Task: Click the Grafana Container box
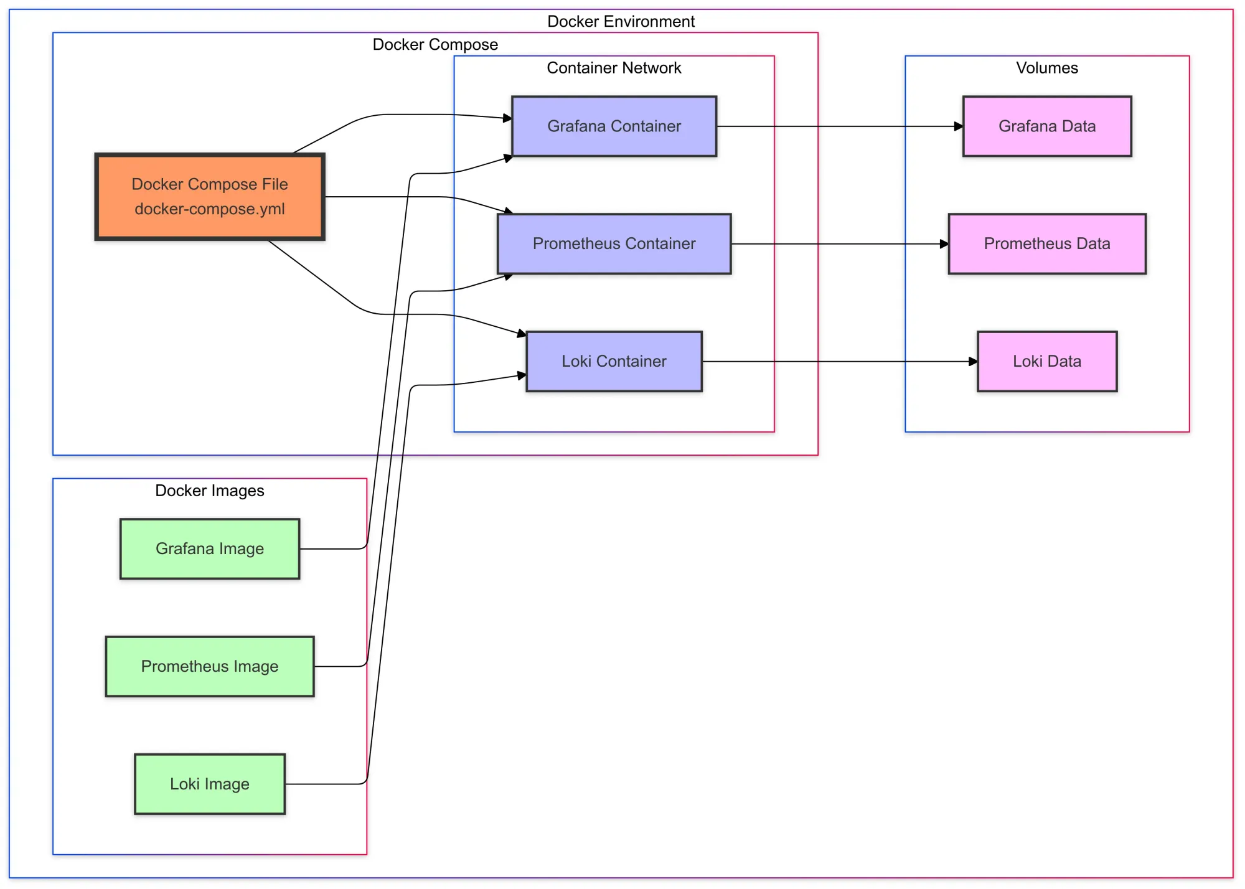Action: click(x=614, y=126)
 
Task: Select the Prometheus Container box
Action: click(x=614, y=243)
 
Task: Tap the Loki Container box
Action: click(x=614, y=361)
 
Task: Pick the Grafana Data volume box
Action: click(x=1046, y=126)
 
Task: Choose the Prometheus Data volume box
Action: click(x=1046, y=243)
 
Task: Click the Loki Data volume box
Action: click(x=1046, y=361)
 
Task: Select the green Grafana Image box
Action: click(x=210, y=548)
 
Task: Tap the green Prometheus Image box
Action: click(x=210, y=666)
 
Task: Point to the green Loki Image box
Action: click(x=210, y=784)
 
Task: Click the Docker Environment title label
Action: click(x=621, y=21)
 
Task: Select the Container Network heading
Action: click(x=614, y=68)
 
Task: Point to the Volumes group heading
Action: click(x=1046, y=68)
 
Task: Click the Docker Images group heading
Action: click(x=210, y=491)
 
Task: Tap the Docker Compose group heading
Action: click(x=435, y=44)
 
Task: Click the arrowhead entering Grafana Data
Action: click(x=959, y=126)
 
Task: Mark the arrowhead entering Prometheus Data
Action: click(x=944, y=244)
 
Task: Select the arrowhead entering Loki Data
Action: click(x=973, y=361)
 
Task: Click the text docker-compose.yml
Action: click(x=210, y=209)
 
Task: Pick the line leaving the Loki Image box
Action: click(x=324, y=784)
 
